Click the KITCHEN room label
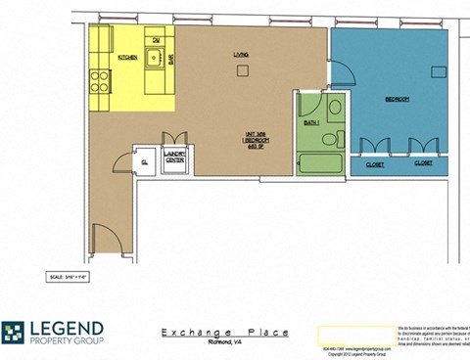pyautogui.click(x=127, y=58)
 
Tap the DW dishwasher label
pyautogui.click(x=155, y=41)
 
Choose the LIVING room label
pyautogui.click(x=241, y=55)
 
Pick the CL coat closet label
pyautogui.click(x=144, y=161)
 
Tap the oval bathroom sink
pyautogui.click(x=335, y=108)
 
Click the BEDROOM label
pyautogui.click(x=397, y=100)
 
